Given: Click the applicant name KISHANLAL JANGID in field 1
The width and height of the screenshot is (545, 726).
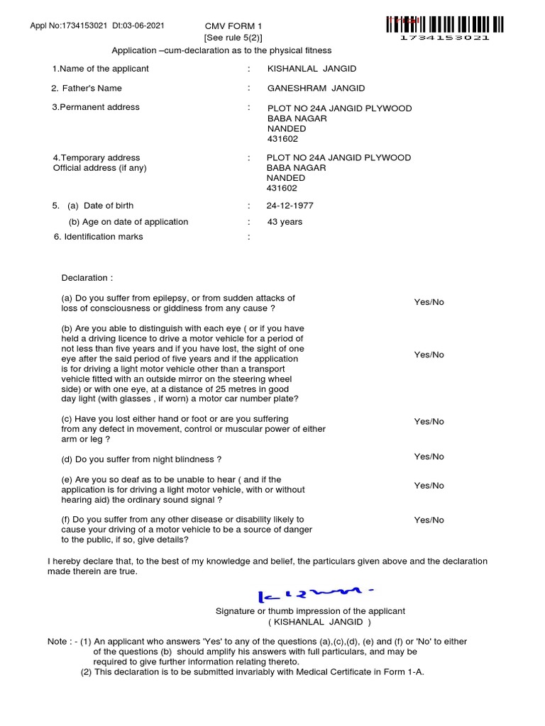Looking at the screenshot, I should click(x=312, y=69).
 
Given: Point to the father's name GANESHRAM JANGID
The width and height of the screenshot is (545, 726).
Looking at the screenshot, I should click(x=316, y=88).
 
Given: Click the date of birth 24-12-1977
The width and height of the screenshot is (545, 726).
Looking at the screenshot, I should click(x=290, y=206).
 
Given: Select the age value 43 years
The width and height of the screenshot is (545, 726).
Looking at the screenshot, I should click(x=285, y=222).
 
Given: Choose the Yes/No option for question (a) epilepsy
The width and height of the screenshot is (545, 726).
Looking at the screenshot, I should click(x=429, y=302).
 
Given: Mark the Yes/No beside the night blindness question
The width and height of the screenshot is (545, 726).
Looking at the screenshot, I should click(x=429, y=457).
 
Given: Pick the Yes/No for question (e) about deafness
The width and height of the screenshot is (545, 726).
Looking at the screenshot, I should click(x=429, y=486).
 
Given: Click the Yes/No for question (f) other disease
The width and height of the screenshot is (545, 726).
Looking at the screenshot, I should click(x=429, y=520).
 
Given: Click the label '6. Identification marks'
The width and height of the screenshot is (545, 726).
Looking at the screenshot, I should click(x=98, y=237).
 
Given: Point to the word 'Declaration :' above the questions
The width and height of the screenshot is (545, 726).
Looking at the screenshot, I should click(x=87, y=278).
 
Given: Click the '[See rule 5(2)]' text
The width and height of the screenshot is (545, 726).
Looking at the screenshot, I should click(x=228, y=38).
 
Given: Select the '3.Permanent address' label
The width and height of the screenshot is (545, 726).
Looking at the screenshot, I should click(x=95, y=107).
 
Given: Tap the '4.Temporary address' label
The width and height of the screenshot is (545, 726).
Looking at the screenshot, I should click(x=97, y=157).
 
